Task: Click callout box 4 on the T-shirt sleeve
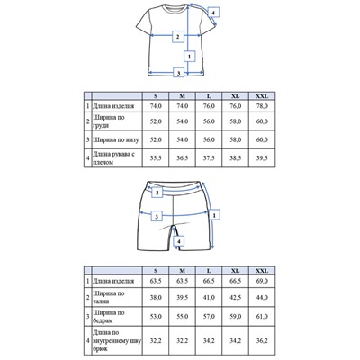click(213, 12)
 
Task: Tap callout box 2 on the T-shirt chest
click(178, 36)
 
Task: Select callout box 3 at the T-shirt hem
click(179, 72)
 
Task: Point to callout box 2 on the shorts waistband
click(157, 192)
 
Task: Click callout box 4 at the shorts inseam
click(179, 241)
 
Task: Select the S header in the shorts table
click(156, 270)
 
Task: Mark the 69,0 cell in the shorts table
click(263, 281)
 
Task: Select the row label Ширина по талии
click(114, 297)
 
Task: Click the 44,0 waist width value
click(263, 297)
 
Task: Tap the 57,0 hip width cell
click(209, 317)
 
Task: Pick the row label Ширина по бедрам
click(114, 317)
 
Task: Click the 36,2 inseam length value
click(263, 342)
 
